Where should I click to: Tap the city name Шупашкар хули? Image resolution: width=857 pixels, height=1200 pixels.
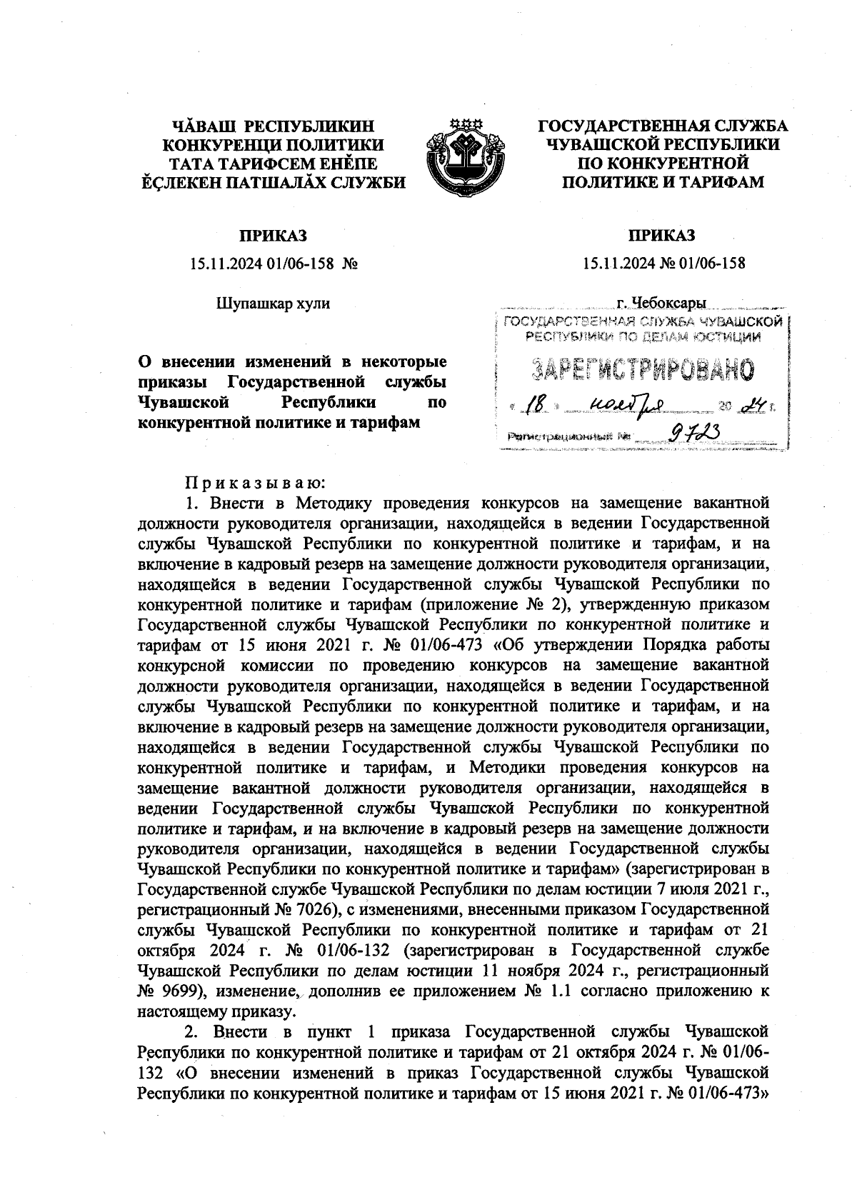point(273,304)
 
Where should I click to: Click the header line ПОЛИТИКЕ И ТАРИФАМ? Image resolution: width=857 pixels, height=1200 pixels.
point(663,183)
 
